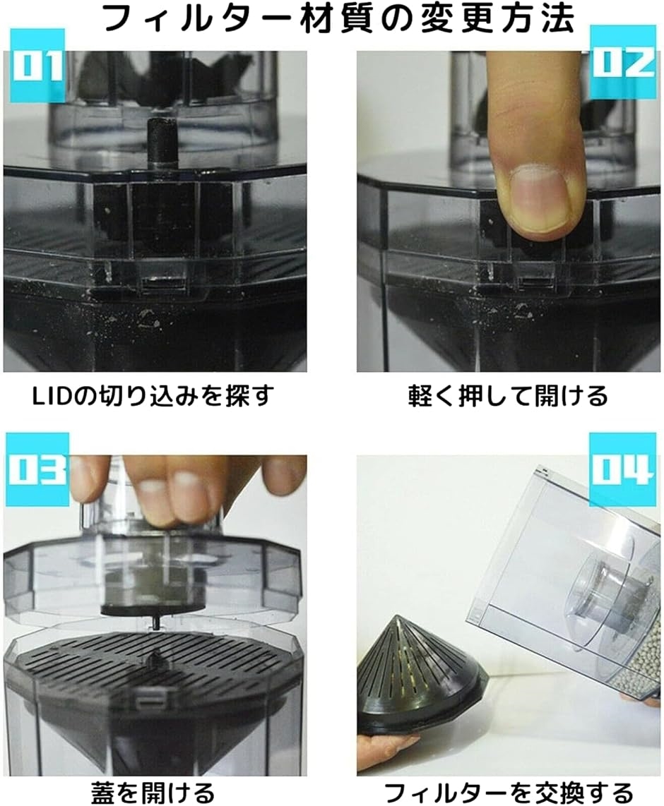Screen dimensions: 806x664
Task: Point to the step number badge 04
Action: (x=622, y=470)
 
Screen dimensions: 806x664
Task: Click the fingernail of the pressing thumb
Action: (x=540, y=199)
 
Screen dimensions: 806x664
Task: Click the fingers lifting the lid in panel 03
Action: (x=177, y=487)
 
